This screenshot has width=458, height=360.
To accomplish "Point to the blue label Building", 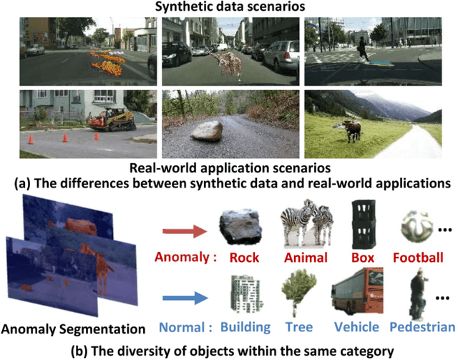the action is pos(245,327).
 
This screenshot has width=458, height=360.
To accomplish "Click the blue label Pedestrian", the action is pos(422,327).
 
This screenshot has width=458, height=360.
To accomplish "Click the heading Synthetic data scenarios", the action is pos(228,6).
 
